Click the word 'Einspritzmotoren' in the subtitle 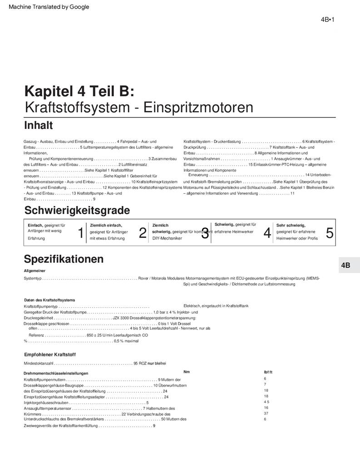tap(198, 108)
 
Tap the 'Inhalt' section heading tap(38, 125)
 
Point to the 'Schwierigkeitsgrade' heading tap(77, 210)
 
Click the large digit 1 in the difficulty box tap(81, 233)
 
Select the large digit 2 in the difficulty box tap(143, 233)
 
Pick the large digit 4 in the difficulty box tap(267, 233)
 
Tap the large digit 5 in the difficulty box tap(330, 233)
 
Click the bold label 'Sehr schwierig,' tap(291, 225)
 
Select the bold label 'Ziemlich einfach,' tap(106, 225)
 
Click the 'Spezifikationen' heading tap(64, 259)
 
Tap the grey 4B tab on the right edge tap(345, 266)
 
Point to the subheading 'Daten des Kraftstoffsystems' tap(49, 300)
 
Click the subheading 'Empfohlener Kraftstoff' tap(49, 354)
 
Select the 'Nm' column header tap(187, 372)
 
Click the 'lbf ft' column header tap(268, 372)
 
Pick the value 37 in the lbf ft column tap(266, 414)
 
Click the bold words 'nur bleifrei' tap(157, 364)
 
